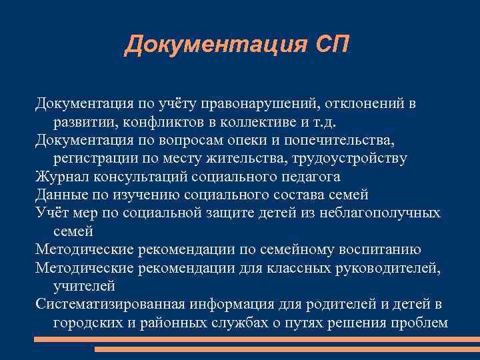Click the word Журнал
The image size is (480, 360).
coord(62,177)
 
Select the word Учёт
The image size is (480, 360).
coord(51,213)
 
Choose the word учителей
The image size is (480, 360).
coord(84,286)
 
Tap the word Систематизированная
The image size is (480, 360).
coord(111,304)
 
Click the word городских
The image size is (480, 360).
coord(86,322)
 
